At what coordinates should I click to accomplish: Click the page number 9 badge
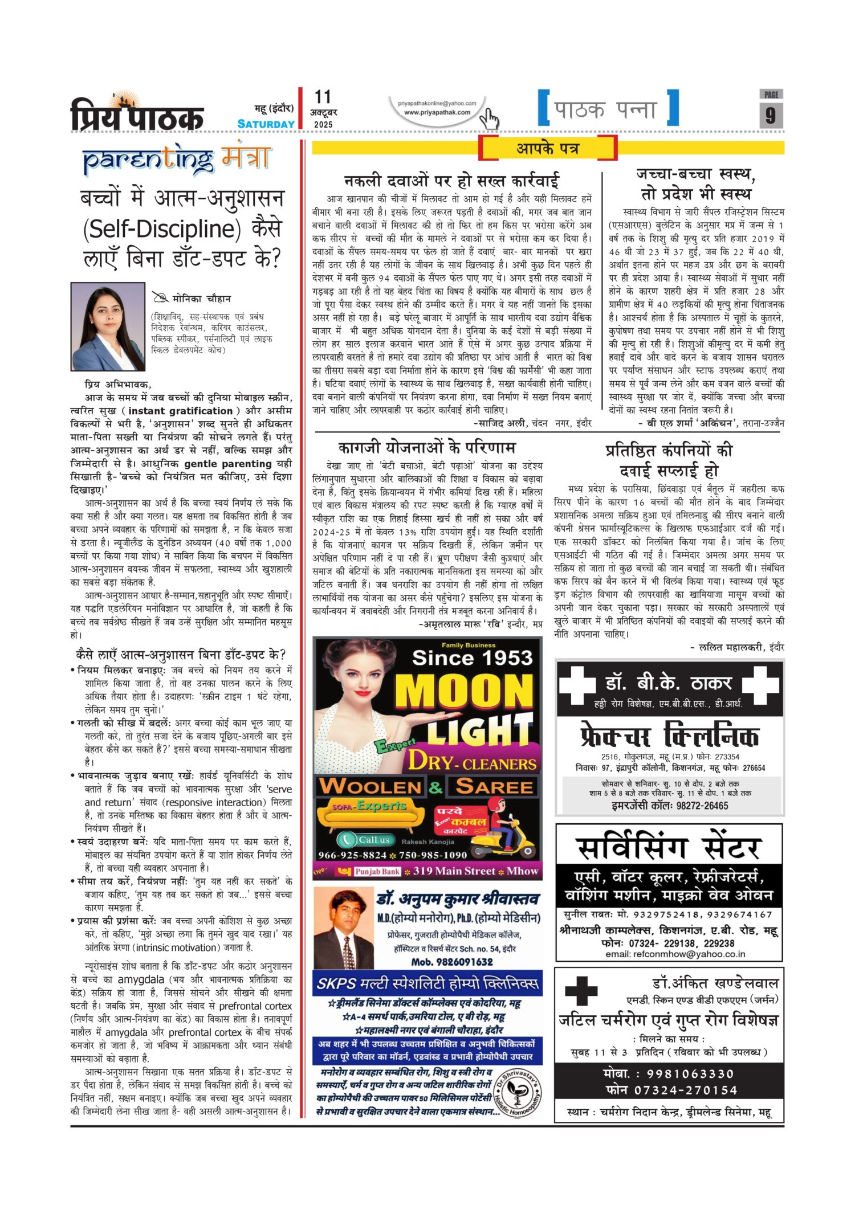click(x=771, y=115)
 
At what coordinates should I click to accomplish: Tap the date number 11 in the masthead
click(x=323, y=97)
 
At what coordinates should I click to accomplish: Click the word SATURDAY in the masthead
click(x=266, y=124)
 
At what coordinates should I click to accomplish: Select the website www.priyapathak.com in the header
click(x=437, y=112)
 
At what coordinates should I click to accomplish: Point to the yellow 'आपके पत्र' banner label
click(x=547, y=149)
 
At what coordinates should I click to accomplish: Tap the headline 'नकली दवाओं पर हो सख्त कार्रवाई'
click(x=451, y=181)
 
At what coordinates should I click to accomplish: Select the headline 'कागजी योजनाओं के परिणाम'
click(x=427, y=447)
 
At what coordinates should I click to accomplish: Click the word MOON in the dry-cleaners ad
click(x=463, y=693)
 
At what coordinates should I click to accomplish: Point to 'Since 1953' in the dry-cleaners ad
click(x=472, y=658)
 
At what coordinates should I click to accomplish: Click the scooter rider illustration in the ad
click(x=507, y=823)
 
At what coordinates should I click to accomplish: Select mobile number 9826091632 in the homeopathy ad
click(x=452, y=962)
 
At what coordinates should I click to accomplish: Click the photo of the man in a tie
click(x=344, y=929)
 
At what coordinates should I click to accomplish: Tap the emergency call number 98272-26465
click(x=669, y=806)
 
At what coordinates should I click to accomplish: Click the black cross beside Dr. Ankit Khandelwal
click(x=581, y=991)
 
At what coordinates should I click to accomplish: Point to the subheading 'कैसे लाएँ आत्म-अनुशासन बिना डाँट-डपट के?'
click(x=181, y=654)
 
